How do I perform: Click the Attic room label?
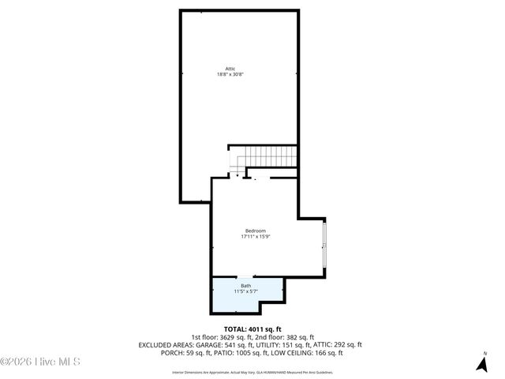(230, 69)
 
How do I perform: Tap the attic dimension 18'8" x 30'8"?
(230, 74)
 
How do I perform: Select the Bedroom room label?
(255, 231)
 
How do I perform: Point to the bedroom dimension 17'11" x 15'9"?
(255, 236)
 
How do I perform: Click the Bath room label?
(246, 286)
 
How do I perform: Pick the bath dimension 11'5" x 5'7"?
(246, 291)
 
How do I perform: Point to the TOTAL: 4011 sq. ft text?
(252, 328)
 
